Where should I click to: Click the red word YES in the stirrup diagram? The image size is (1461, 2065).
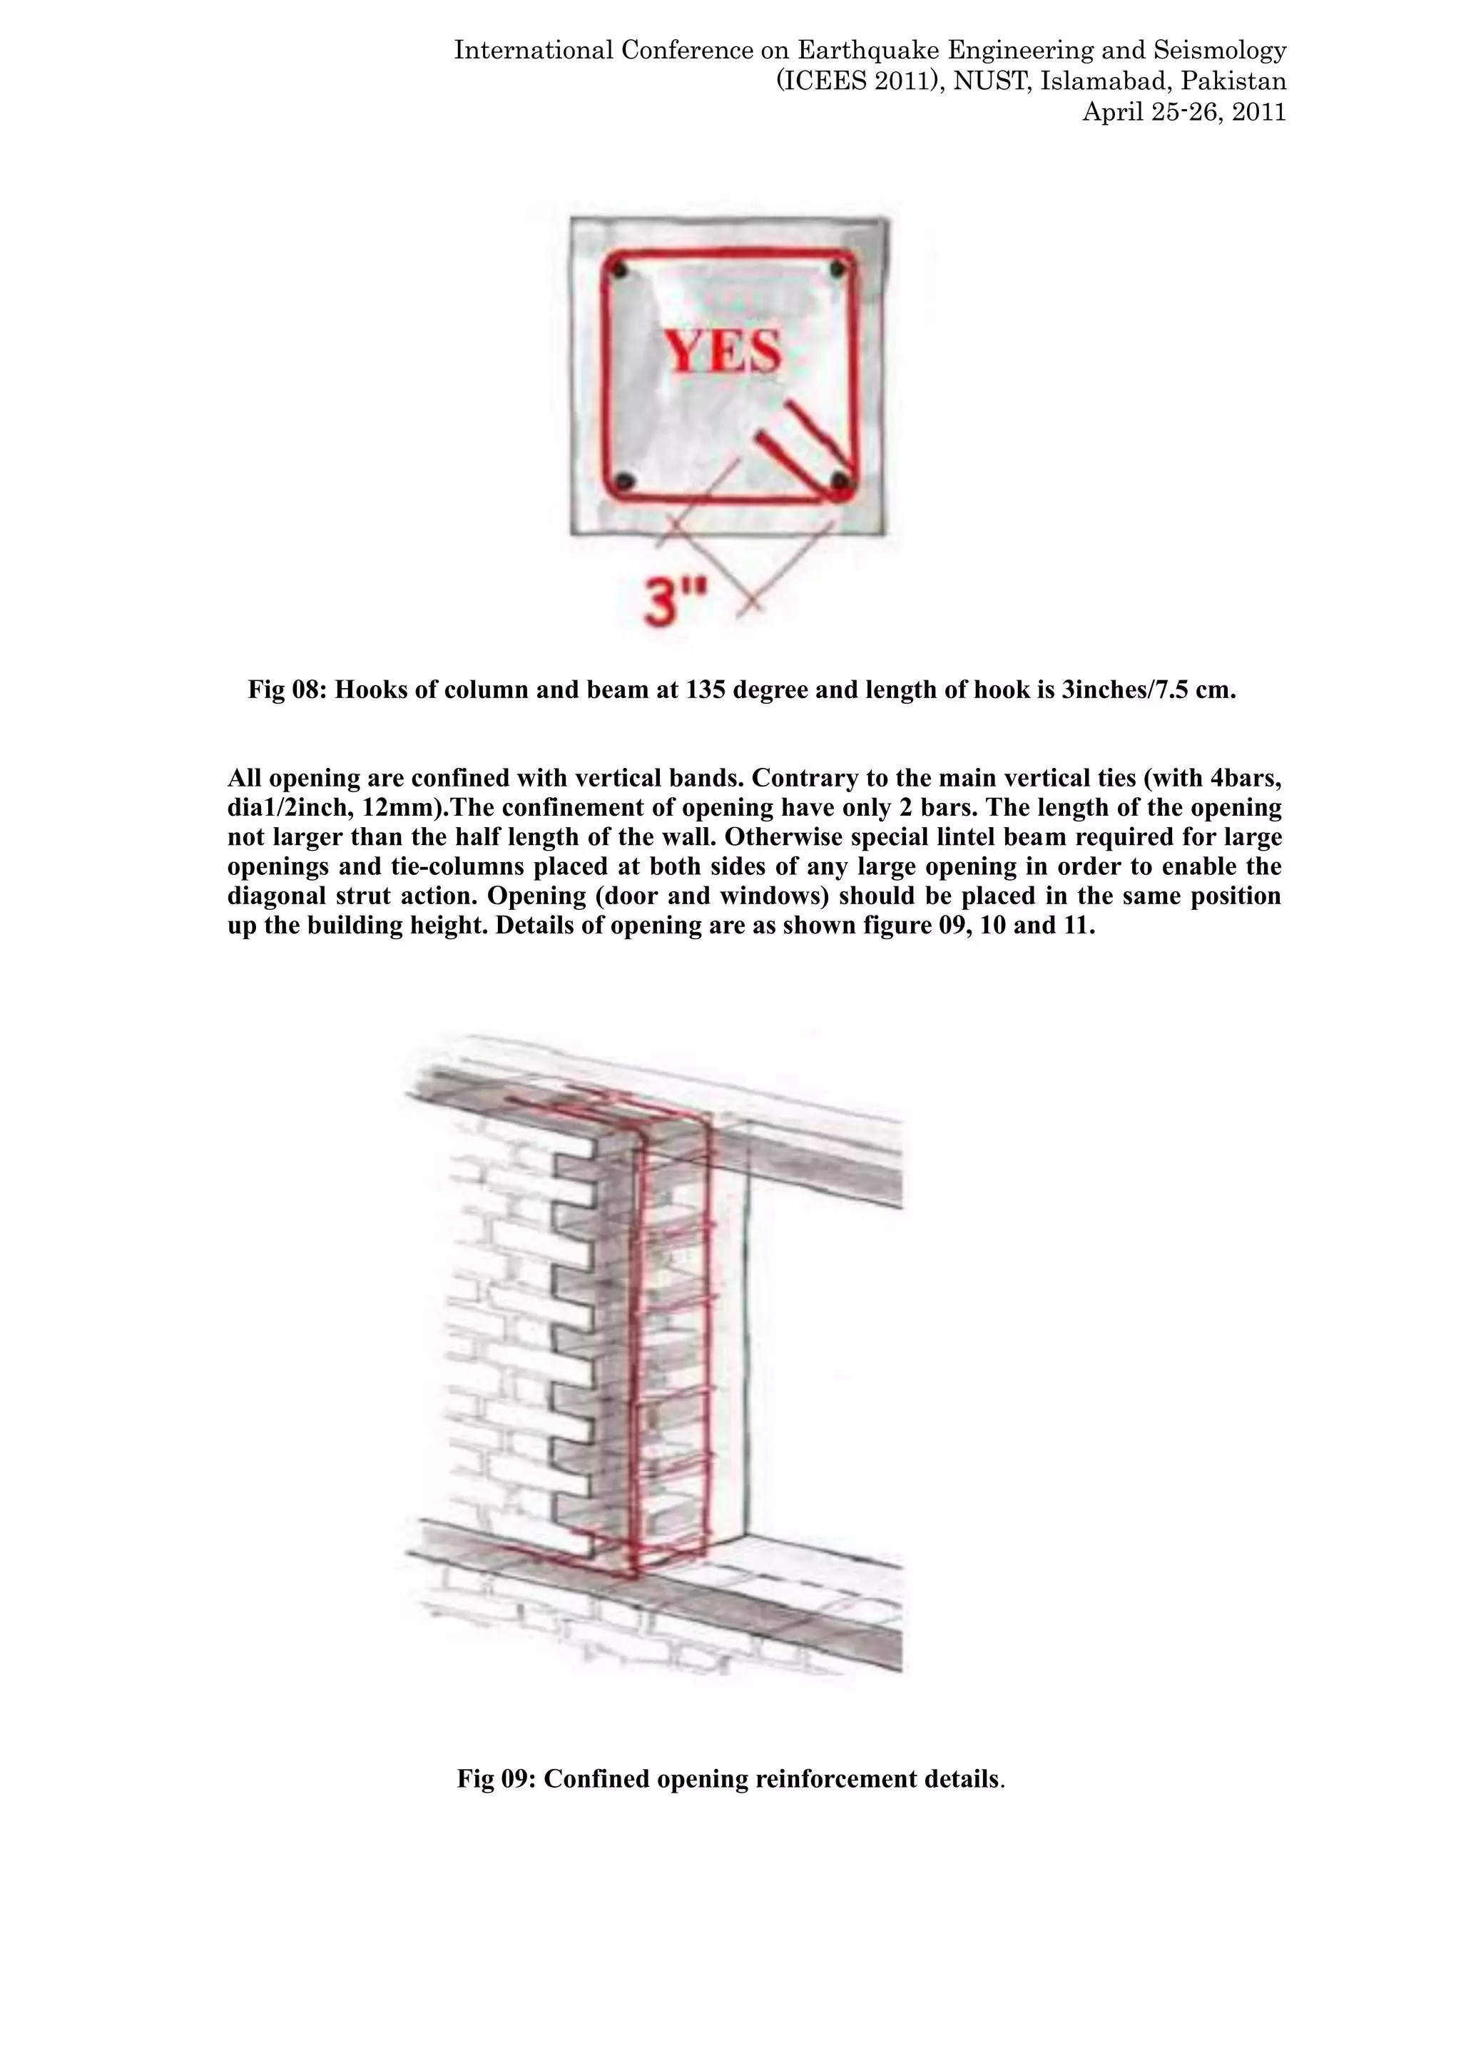(723, 352)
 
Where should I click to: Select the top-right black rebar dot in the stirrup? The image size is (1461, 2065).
(838, 268)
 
